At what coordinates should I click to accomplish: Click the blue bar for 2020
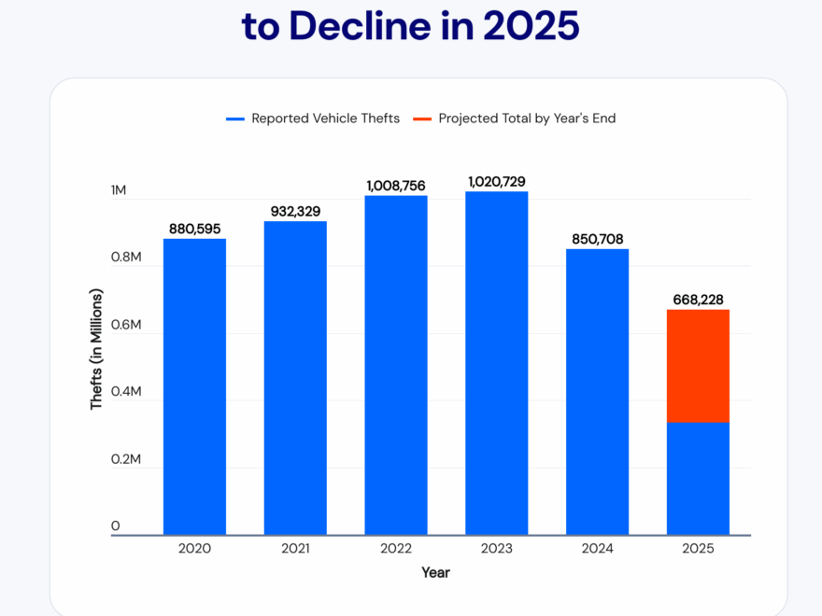[x=194, y=387]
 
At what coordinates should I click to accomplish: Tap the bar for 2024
[x=598, y=392]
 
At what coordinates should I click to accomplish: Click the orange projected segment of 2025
[x=698, y=366]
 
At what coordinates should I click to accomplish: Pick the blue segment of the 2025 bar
[x=698, y=479]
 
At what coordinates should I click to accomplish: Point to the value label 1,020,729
[x=497, y=181]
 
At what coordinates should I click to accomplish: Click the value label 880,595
[x=194, y=229]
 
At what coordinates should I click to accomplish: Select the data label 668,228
[x=698, y=300]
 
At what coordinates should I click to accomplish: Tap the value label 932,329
[x=295, y=211]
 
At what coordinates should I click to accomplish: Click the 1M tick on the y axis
[x=119, y=190]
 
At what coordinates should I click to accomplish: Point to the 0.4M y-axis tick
[x=125, y=392]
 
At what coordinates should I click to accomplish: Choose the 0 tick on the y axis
[x=116, y=526]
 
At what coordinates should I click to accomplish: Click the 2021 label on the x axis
[x=295, y=549]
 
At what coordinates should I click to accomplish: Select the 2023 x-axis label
[x=497, y=549]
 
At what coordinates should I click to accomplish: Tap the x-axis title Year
[x=435, y=572]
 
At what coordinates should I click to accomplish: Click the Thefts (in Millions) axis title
[x=96, y=349]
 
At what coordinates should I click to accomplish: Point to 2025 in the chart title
[x=531, y=25]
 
